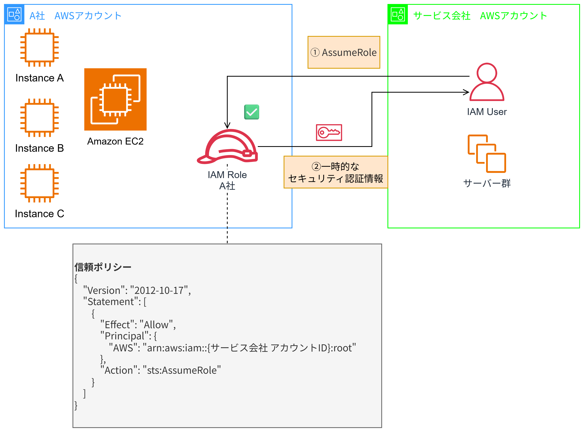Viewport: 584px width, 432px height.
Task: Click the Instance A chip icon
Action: [x=39, y=47]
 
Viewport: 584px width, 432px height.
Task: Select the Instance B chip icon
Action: [x=39, y=118]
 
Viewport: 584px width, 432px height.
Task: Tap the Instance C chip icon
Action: [x=39, y=183]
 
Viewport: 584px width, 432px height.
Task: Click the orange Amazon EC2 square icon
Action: [x=115, y=99]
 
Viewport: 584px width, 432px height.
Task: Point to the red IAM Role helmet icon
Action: [x=227, y=146]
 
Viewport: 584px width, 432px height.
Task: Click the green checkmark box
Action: [x=251, y=112]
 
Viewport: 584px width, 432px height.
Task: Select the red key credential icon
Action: [x=329, y=132]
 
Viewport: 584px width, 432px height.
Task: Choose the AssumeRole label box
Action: [x=344, y=52]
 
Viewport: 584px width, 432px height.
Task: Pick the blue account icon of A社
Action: [x=14, y=14]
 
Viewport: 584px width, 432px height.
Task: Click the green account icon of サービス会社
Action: [x=397, y=14]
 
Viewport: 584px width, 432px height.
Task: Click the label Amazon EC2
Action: [x=115, y=141]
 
